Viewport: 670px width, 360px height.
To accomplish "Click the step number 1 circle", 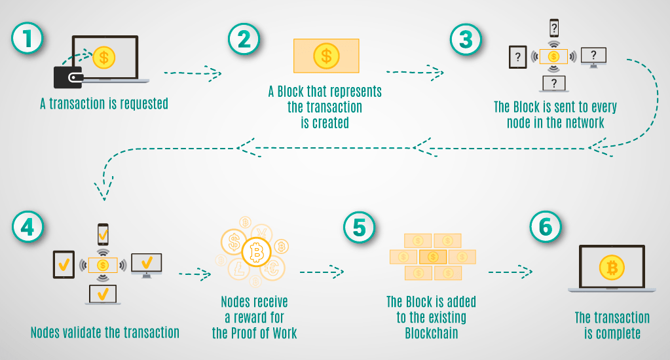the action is (28, 38).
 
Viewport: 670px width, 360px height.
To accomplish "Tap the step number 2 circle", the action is (244, 39).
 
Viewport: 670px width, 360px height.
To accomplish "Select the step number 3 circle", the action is (466, 39).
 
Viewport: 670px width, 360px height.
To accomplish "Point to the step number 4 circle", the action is (28, 226).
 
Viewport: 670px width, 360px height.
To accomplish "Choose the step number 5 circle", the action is (360, 227).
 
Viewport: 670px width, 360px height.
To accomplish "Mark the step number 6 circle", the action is (546, 226).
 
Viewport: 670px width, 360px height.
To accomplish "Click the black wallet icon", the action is (68, 77).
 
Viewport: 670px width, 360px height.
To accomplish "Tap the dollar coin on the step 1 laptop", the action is (104, 57).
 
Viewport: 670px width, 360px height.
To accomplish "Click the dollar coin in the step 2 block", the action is (326, 56).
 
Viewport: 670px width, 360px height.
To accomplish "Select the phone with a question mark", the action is (554, 28).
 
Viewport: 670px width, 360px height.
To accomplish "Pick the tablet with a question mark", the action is (518, 57).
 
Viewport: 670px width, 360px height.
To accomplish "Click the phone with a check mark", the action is (103, 234).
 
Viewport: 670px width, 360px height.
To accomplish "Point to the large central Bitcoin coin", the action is (256, 252).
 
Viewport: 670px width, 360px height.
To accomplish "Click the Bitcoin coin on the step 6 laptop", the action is (612, 268).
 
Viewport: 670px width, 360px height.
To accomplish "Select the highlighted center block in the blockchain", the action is (433, 257).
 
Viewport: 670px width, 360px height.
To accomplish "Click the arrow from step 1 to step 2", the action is (193, 73).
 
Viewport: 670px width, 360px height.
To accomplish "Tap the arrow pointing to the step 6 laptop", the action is (511, 272).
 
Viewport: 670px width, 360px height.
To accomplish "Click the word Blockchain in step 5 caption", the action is (432, 333).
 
